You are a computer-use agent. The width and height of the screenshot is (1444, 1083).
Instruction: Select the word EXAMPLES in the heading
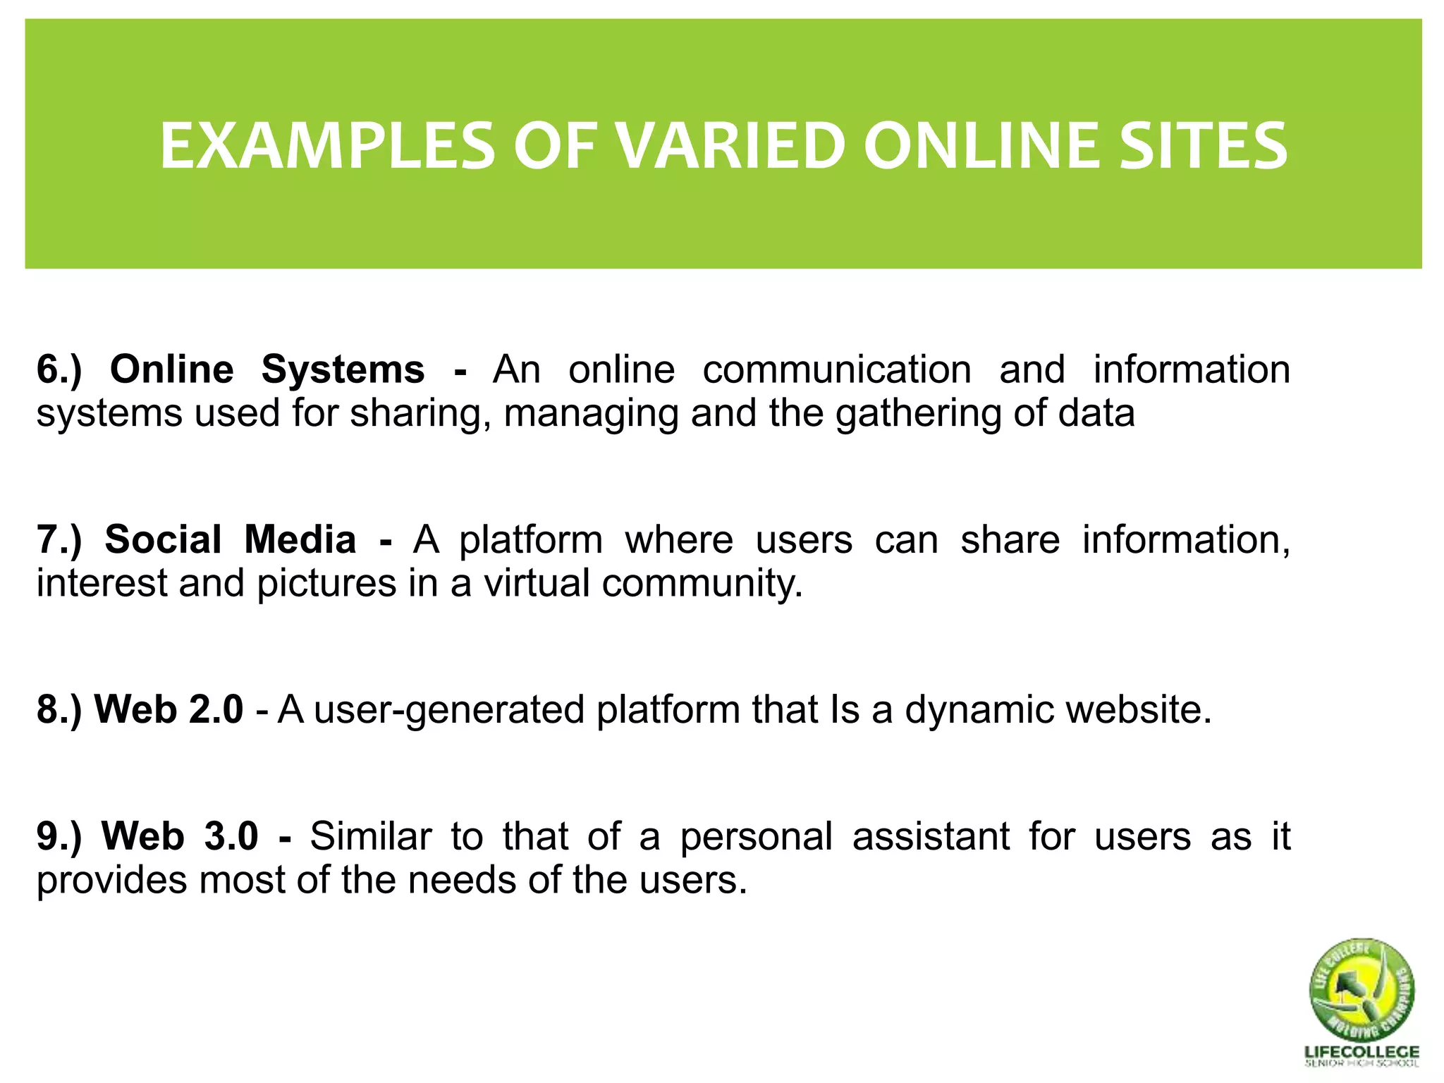(x=327, y=147)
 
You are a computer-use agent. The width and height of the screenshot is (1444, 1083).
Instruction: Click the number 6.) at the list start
(x=59, y=369)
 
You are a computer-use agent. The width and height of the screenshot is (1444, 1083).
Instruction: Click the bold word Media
(x=300, y=539)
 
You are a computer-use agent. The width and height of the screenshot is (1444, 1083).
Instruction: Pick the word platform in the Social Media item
(x=531, y=541)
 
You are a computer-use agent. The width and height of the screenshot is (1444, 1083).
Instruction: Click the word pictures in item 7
(x=326, y=585)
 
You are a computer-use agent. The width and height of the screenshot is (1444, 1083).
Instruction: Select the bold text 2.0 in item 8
(x=216, y=709)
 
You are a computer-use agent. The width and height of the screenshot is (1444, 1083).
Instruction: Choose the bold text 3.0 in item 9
(x=231, y=836)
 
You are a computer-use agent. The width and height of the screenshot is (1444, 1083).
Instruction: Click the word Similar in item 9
(x=370, y=836)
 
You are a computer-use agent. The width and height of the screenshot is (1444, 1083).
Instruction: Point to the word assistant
(x=931, y=836)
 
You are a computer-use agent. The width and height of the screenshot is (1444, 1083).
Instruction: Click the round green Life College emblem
(x=1362, y=989)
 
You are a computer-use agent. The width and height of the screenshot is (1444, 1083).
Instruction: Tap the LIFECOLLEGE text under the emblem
(x=1362, y=1052)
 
